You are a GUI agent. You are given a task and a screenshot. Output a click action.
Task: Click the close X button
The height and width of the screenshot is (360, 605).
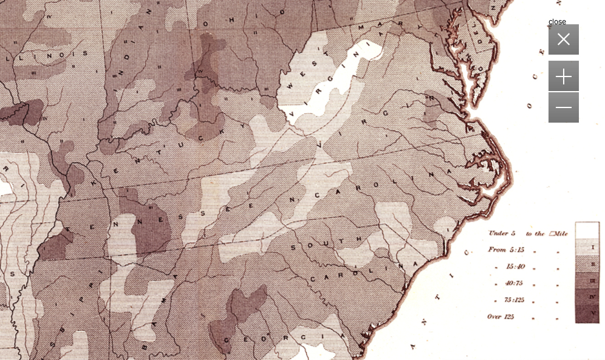coord(563,39)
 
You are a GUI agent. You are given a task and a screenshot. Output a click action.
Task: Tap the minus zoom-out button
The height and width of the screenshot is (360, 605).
coord(563,107)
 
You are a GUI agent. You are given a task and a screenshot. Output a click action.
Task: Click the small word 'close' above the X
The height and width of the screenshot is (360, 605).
coord(557,22)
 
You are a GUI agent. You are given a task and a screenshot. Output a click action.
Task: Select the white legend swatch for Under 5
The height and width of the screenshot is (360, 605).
coord(587,231)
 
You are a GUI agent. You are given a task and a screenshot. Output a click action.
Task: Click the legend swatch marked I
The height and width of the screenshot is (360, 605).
coord(587,248)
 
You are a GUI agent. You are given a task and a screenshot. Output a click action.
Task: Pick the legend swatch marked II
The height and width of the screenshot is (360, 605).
coord(587,264)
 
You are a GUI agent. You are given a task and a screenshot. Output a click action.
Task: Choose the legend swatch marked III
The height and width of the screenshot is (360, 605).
coord(587,280)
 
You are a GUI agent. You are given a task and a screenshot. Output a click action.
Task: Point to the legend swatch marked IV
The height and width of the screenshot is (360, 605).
coord(587,297)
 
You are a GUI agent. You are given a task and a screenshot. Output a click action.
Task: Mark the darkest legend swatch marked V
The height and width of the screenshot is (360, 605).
coord(587,313)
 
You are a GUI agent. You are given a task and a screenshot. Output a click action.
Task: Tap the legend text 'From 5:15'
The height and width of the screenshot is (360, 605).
coord(504,250)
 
